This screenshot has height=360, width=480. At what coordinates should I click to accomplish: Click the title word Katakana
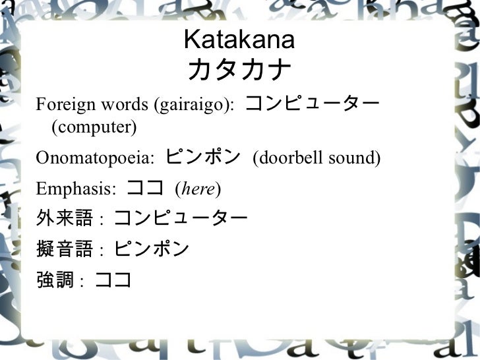239,41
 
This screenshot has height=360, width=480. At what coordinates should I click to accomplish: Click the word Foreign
58,105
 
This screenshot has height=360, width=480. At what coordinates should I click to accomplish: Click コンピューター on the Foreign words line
313,104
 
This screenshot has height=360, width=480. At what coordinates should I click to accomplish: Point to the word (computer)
94,125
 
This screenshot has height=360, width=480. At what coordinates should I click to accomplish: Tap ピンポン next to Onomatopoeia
203,158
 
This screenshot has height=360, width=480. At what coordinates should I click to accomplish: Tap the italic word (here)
198,190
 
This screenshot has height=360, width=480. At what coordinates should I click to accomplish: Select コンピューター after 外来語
181,218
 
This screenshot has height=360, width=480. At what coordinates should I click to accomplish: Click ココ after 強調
113,280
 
